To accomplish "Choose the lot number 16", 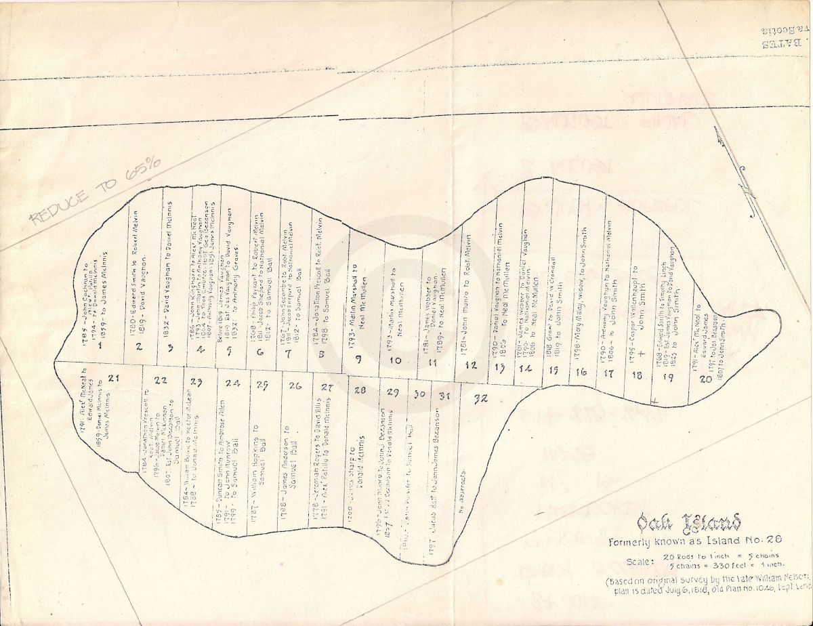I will point(581,371).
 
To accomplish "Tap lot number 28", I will point(360,390).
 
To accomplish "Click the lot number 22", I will point(161,380).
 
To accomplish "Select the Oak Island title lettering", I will point(688,523).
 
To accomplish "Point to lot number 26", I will point(295,385).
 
